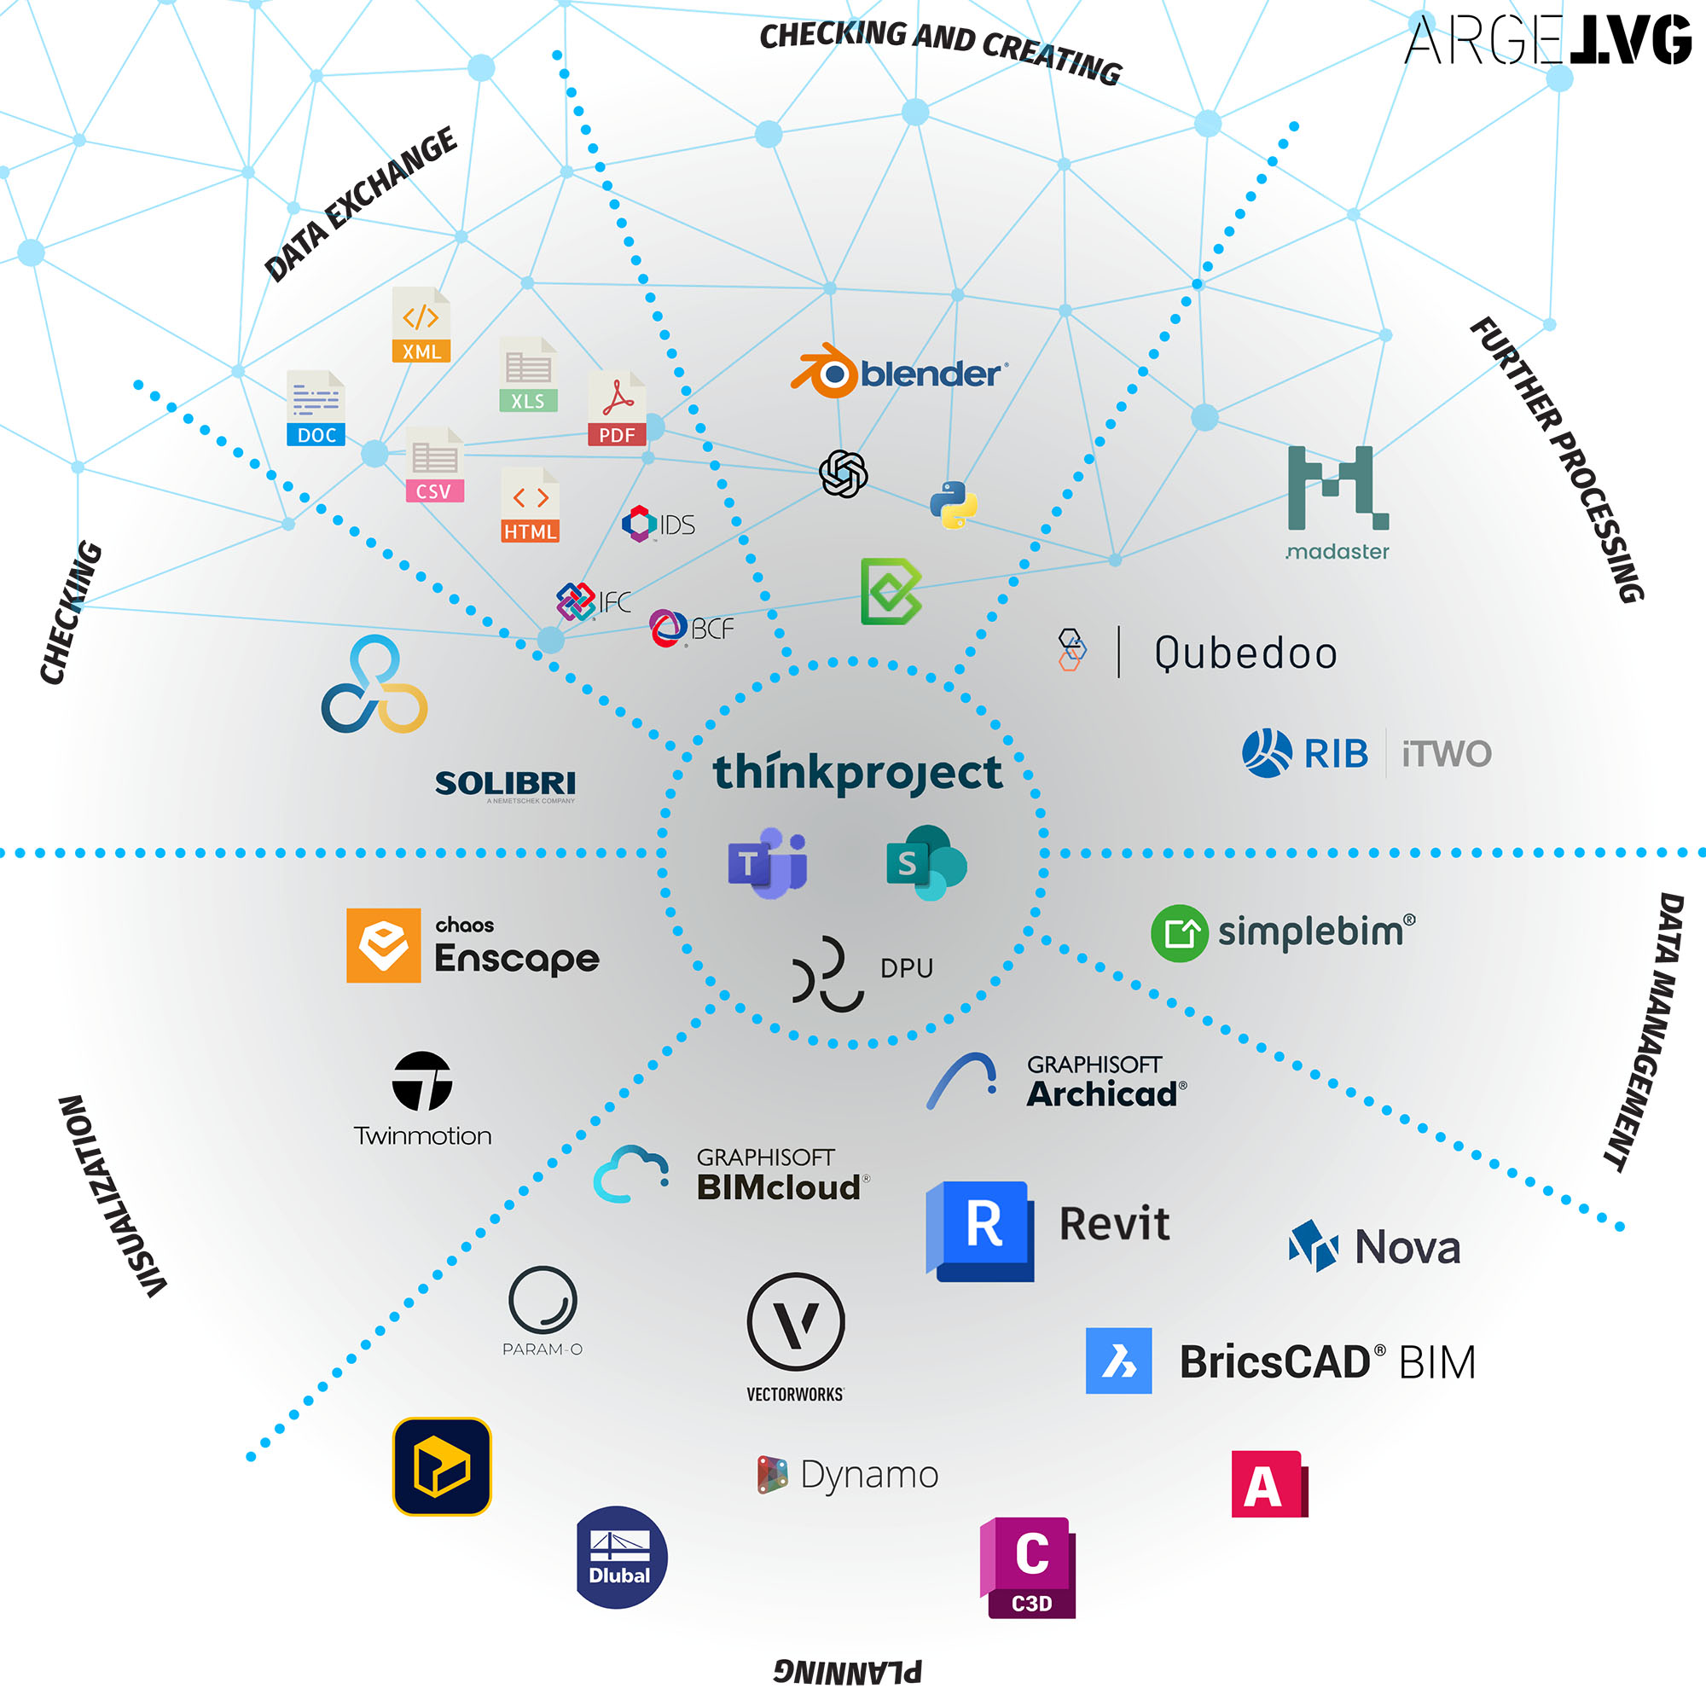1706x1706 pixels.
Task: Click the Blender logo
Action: pos(899,372)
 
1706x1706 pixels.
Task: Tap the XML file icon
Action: pos(421,324)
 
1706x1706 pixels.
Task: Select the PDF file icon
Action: pos(617,407)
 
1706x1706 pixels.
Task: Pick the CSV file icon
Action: pos(434,465)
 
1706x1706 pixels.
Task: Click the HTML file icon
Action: pos(530,504)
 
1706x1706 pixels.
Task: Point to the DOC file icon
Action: pos(316,408)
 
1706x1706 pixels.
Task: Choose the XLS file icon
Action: pos(528,374)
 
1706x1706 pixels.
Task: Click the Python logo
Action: pos(953,504)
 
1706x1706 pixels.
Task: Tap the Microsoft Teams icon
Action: pos(767,862)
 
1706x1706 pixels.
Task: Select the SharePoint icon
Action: pos(926,862)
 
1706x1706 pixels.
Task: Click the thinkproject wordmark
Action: pos(856,773)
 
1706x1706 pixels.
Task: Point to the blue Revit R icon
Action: pos(979,1231)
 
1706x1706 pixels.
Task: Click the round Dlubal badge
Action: pos(621,1558)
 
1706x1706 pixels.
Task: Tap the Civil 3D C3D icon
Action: pos(1028,1567)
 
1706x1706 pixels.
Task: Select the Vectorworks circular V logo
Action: pos(796,1323)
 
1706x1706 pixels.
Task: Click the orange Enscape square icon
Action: pos(383,945)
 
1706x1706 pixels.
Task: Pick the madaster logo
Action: pos(1337,503)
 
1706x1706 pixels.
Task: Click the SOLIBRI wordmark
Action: pos(505,783)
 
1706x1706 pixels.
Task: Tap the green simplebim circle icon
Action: pos(1180,932)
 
